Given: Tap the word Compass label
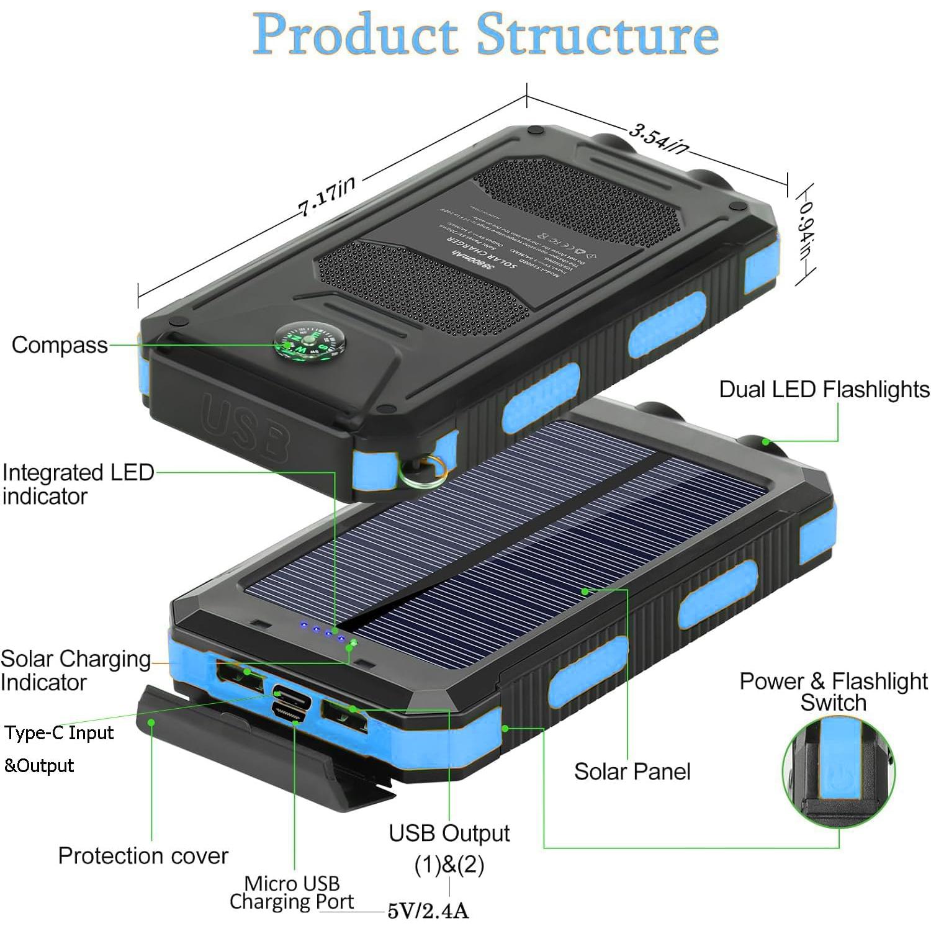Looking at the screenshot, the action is point(60,345).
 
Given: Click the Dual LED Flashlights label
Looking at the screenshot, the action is point(824,390).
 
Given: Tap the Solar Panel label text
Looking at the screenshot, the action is point(632,771).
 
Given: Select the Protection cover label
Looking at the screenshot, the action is point(143,856).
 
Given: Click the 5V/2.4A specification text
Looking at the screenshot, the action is point(428,911).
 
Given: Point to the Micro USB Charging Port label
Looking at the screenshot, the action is point(292,893).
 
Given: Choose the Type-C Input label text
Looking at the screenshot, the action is point(59,734).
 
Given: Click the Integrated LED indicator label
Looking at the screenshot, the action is point(78,484).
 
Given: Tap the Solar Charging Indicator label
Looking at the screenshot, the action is point(75,670).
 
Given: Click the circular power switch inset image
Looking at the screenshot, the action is point(838,771).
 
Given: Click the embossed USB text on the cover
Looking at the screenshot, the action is point(245,428).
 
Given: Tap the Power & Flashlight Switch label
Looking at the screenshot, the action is point(833,691).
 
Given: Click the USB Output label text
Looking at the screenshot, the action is point(449,834).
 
